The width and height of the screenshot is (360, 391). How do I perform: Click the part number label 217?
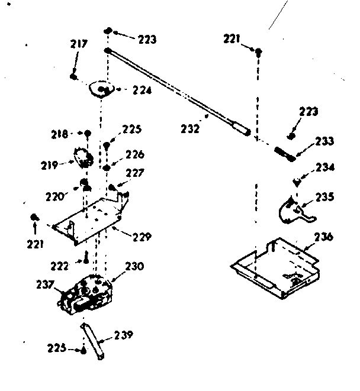pos(78,44)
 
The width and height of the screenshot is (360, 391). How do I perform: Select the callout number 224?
pos(142,91)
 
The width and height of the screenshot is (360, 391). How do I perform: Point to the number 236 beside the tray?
pos(323,237)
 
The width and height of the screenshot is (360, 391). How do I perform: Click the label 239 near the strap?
pos(123,335)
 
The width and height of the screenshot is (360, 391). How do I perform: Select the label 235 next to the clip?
pos(325,196)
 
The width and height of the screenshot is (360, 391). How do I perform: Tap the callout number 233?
pos(324,141)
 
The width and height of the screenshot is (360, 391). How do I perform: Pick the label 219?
pos(49,165)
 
